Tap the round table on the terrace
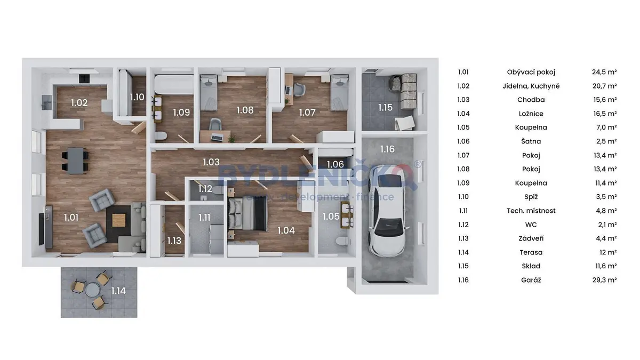92,290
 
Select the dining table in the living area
75,161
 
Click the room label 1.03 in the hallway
211,162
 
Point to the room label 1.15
386,107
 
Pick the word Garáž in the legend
531,280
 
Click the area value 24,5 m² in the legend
604,72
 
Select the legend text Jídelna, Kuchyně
531,86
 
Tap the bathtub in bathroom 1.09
174,84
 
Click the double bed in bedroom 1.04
247,214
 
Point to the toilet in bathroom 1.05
342,241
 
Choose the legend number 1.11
463,211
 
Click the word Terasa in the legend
531,252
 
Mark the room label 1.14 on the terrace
118,291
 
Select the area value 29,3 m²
604,280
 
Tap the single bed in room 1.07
339,93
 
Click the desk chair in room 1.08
215,124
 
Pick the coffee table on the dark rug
118,220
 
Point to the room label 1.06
335,164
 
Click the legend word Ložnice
531,114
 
